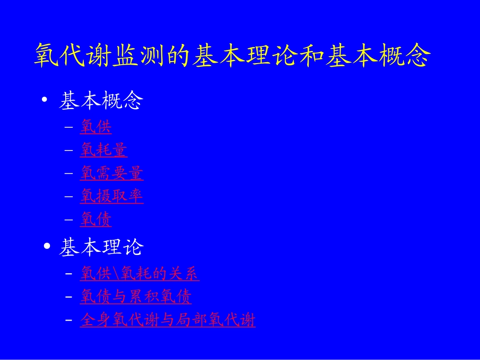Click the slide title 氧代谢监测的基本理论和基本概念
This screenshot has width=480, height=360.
pyautogui.click(x=232, y=56)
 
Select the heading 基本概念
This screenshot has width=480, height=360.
pyautogui.click(x=101, y=101)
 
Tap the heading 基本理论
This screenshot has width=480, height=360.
pyautogui.click(x=101, y=247)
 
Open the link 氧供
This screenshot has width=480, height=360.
pyautogui.click(x=95, y=126)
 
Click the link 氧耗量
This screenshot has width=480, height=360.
pyautogui.click(x=104, y=150)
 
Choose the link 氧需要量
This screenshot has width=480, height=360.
pyautogui.click(x=112, y=173)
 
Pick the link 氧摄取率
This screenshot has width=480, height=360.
pyautogui.click(x=112, y=196)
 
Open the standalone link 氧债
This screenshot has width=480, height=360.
pyautogui.click(x=95, y=219)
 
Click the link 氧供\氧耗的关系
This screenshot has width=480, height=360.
pyautogui.click(x=139, y=274)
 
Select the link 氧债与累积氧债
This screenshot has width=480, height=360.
pyautogui.click(x=135, y=296)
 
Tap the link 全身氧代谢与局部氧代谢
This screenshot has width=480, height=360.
pyautogui.click(x=168, y=320)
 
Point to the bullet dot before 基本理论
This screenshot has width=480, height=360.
pyautogui.click(x=47, y=246)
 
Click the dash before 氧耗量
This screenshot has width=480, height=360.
pyautogui.click(x=69, y=150)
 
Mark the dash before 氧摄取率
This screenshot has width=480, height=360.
pyautogui.click(x=69, y=196)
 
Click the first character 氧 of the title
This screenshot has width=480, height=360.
pyautogui.click(x=45, y=56)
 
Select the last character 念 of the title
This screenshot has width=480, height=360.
pyautogui.click(x=419, y=56)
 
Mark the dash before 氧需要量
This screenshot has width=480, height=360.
pyautogui.click(x=69, y=173)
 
